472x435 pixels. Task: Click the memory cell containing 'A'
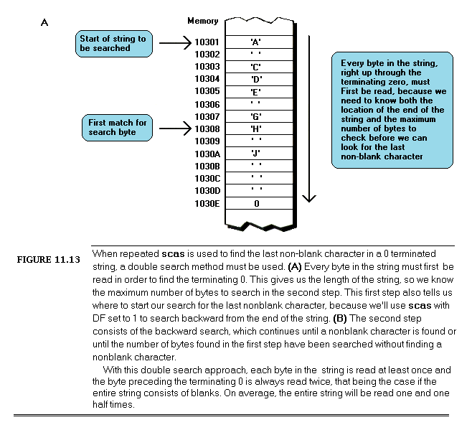pos(255,42)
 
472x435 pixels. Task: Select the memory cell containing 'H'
pos(255,129)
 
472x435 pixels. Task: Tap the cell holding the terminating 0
pos(255,204)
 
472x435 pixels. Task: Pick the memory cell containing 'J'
pos(255,154)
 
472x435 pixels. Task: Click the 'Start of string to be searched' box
pos(114,43)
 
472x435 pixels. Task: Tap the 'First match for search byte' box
pos(118,128)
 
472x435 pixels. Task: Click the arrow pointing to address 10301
pos(174,43)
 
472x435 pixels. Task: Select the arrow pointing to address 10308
pos(174,129)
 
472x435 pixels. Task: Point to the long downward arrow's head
pos(309,199)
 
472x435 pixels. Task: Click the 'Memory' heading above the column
pos(202,21)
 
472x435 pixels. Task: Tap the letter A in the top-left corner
pos(44,23)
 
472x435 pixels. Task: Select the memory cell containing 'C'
pos(255,67)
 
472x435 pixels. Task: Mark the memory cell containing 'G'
pos(255,116)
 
